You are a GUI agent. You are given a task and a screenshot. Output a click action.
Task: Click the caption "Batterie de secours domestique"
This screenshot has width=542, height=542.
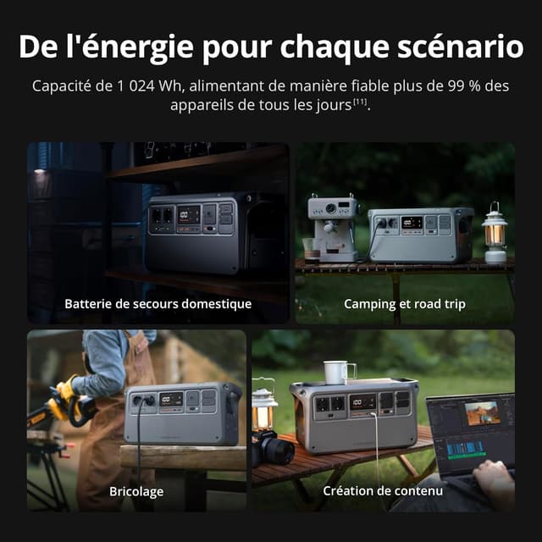158,303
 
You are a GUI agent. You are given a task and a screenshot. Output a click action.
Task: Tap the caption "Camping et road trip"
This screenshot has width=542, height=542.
405,303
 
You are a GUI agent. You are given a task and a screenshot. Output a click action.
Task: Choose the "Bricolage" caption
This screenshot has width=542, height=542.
136,491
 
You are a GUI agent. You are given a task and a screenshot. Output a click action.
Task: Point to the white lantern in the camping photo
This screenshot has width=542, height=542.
495,232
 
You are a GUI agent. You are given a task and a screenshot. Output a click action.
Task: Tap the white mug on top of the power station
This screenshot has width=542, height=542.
339,373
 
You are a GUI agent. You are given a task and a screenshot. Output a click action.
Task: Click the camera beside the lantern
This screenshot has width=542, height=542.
272,448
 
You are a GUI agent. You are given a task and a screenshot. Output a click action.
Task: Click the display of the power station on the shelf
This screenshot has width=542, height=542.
188,214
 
